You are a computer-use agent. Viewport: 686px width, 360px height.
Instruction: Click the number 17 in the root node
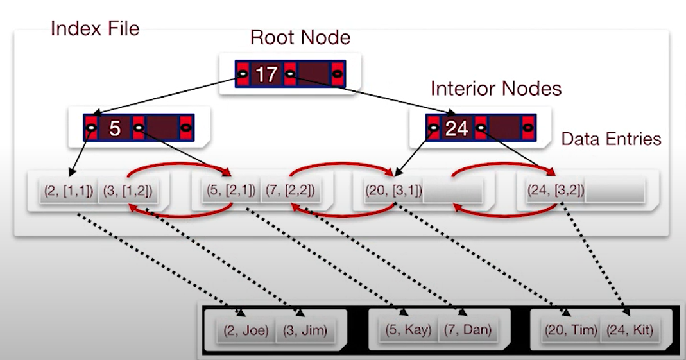click(x=266, y=74)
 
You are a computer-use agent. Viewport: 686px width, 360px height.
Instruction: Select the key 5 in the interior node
click(x=114, y=129)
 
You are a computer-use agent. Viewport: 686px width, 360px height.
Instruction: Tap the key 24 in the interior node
click(x=457, y=129)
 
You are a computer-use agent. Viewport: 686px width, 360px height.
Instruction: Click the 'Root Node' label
click(x=300, y=37)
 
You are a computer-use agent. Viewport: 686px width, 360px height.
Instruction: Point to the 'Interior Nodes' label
click(x=496, y=89)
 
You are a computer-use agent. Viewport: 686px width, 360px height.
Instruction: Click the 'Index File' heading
click(x=95, y=28)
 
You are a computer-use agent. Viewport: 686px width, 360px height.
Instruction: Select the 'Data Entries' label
click(x=611, y=139)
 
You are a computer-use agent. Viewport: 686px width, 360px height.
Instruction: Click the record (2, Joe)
click(x=244, y=330)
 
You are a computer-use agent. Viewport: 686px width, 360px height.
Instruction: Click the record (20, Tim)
click(x=570, y=330)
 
